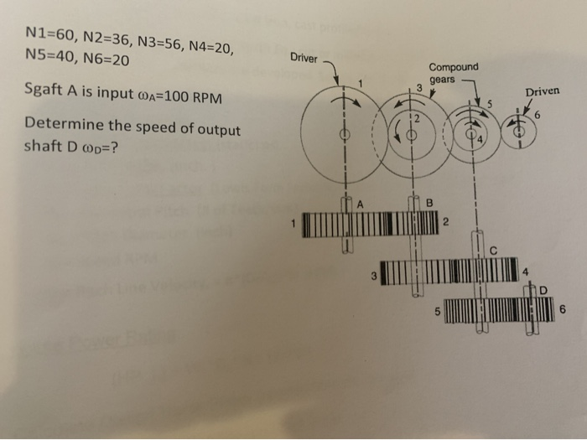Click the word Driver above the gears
click(304, 58)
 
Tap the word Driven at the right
click(542, 91)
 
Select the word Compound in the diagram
click(454, 66)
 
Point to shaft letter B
click(429, 202)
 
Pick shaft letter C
click(494, 248)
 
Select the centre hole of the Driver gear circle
click(342, 135)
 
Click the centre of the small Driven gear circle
click(520, 132)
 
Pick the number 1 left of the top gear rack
click(293, 223)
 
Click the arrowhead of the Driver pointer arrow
click(338, 82)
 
